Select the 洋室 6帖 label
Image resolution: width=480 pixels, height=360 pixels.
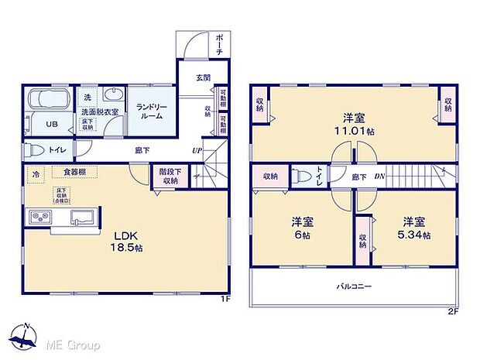click(301, 225)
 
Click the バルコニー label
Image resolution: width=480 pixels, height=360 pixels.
click(355, 286)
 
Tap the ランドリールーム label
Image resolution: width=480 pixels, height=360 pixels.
click(149, 111)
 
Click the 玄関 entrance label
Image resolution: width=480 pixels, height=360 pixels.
click(203, 77)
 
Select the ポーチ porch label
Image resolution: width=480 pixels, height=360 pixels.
click(220, 42)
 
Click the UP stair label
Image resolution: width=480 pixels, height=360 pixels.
click(198, 150)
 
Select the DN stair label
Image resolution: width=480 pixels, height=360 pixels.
click(379, 177)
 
